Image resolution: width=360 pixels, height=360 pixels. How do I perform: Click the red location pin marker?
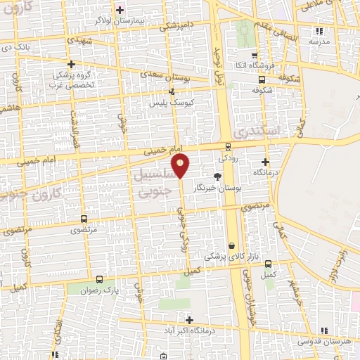(x=181, y=166)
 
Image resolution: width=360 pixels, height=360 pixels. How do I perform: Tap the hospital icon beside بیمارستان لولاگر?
(x=120, y=10)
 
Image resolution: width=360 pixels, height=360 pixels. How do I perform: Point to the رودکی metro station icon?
(x=227, y=147)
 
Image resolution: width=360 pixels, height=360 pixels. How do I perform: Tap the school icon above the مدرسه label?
(x=319, y=31)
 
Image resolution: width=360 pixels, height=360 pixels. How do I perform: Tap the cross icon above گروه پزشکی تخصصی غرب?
(x=70, y=63)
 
